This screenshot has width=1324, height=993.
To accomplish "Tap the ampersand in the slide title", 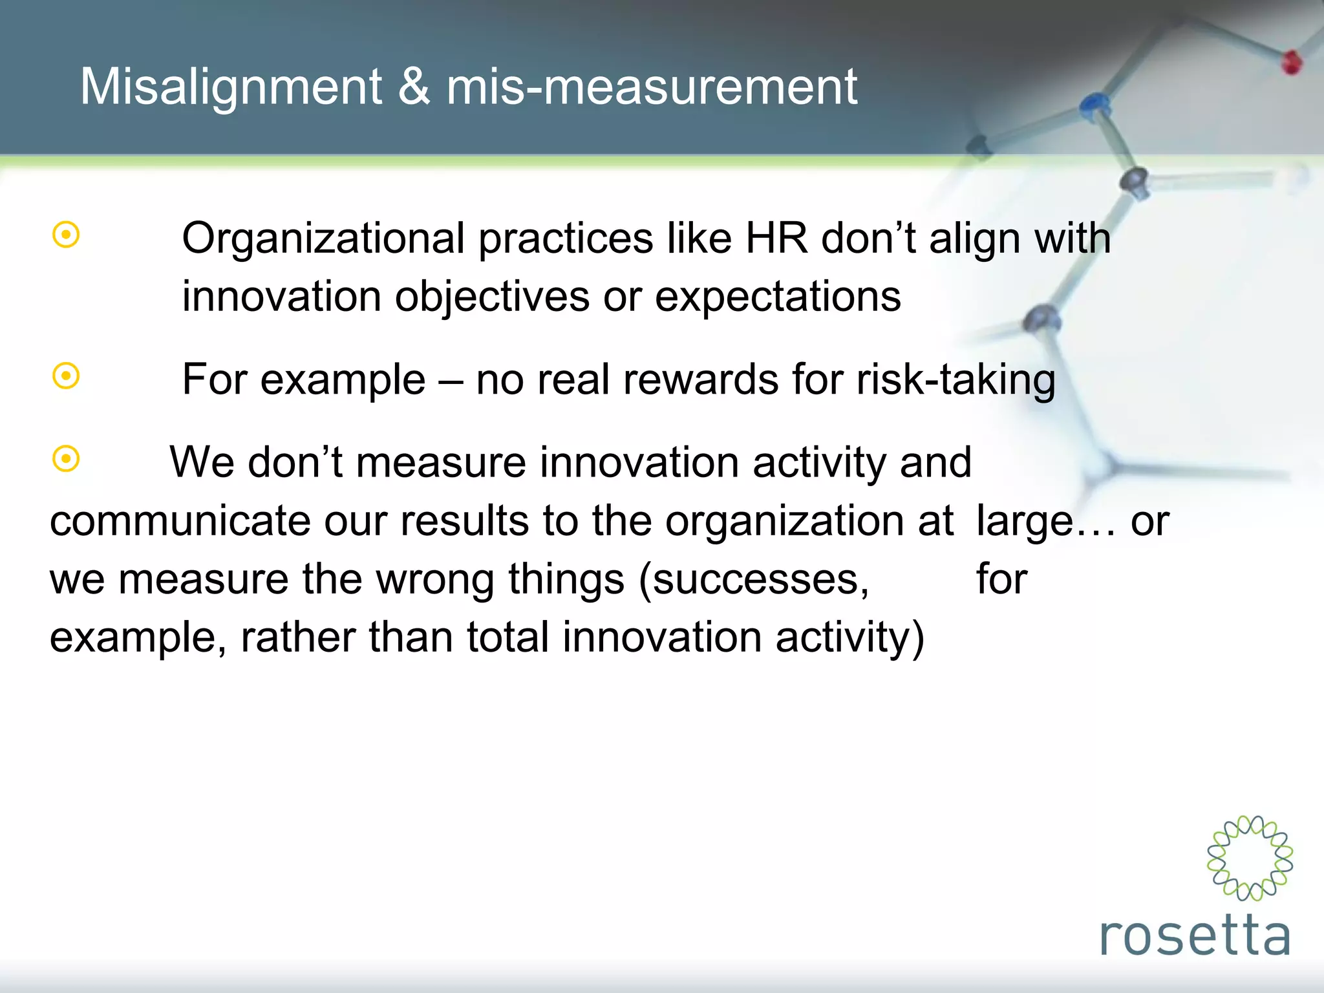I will [414, 87].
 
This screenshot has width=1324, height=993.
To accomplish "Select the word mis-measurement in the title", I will [652, 87].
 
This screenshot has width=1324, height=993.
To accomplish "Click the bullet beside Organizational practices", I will [66, 235].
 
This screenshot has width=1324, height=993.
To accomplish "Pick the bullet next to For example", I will [66, 376].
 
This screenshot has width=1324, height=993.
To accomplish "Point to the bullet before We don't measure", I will [66, 459].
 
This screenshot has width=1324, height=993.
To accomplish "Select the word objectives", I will [491, 297].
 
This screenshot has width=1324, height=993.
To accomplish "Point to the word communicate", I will [180, 521].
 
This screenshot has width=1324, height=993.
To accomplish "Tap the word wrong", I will [435, 579].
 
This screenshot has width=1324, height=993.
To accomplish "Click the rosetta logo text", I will [1195, 935].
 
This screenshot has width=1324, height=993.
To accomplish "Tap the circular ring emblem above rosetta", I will [1250, 857].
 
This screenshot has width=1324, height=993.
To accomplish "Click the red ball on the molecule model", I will [1291, 63].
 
